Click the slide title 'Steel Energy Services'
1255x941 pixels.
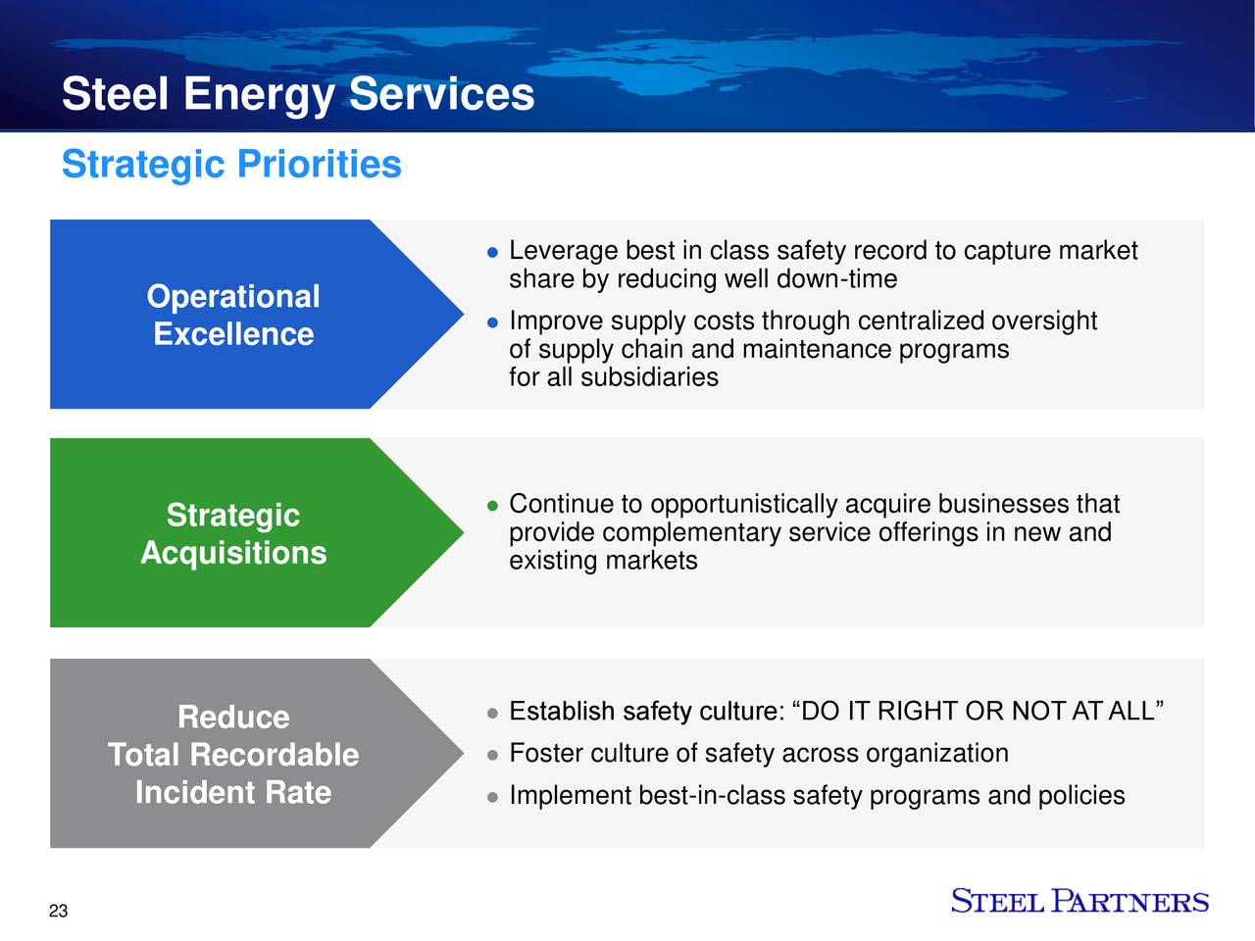297,95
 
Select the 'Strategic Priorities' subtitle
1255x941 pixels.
231,164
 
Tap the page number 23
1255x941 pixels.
59,912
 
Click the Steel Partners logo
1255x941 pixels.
1079,902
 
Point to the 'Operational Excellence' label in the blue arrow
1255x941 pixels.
233,315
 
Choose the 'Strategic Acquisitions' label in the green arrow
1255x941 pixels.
233,534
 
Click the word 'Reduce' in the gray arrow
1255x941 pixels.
233,718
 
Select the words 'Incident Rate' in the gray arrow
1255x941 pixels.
233,792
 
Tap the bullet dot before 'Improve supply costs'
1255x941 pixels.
494,322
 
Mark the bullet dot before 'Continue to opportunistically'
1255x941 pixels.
494,506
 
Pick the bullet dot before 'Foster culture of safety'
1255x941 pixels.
494,755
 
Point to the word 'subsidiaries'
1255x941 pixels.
649,377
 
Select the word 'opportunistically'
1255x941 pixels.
743,505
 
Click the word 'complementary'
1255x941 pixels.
691,533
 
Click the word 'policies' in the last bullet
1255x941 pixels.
1079,795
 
